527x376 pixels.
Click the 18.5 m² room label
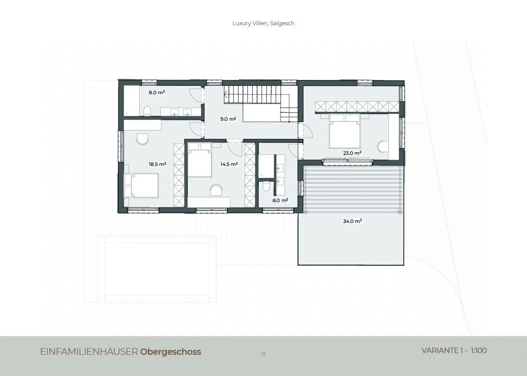pos(157,164)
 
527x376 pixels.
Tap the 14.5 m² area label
pos(229,164)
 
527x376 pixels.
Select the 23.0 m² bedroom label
pos(352,153)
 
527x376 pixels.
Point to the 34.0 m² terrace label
pos(352,221)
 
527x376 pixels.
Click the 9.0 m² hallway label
pos(228,119)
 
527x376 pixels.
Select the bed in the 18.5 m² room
pos(141,185)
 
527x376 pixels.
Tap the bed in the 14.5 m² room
pos(200,160)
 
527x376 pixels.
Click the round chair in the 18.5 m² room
pos(142,139)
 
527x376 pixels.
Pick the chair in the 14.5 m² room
pos(216,190)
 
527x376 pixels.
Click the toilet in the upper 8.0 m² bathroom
pos(147,111)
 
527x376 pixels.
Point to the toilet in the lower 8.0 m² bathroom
pos(266,186)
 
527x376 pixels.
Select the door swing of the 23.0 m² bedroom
pos(306,131)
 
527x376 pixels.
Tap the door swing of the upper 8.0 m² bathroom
pos(196,95)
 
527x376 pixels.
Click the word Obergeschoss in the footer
pos(171,352)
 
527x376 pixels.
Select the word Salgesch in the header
pos(282,23)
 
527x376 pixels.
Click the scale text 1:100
pos(479,351)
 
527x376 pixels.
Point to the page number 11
pos(263,354)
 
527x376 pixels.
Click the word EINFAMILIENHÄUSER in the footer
pos(89,352)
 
